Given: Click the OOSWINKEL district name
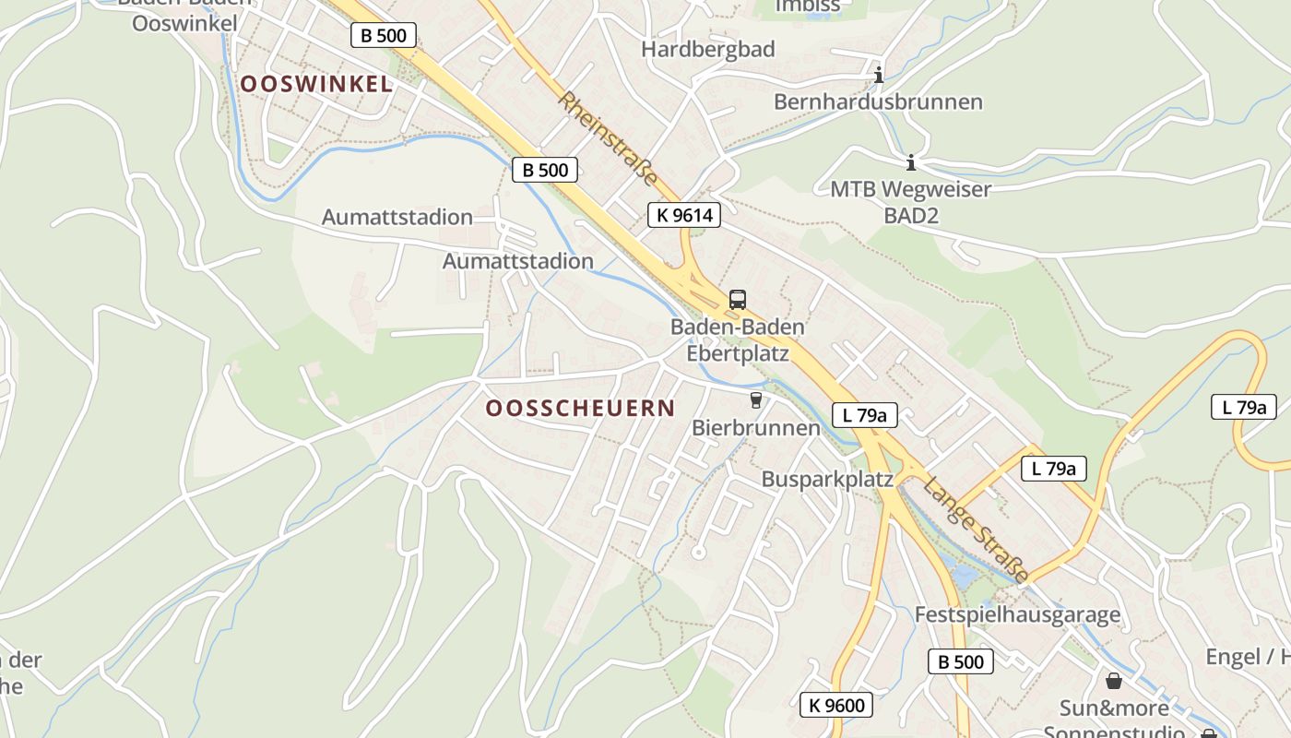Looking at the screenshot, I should click(x=316, y=84).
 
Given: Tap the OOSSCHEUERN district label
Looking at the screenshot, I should click(x=580, y=408).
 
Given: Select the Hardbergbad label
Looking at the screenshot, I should click(x=708, y=49).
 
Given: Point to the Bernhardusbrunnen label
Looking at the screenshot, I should click(x=878, y=101).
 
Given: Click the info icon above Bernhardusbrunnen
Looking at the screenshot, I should click(x=879, y=74).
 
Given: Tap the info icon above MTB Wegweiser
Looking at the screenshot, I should click(x=911, y=163).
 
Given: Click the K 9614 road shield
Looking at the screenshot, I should click(x=683, y=215).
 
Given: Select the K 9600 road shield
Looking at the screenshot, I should click(x=836, y=706).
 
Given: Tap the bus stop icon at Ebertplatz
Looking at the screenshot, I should click(x=737, y=299).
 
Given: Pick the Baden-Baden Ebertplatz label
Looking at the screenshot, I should click(x=737, y=339).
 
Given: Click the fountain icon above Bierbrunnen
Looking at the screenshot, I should click(x=756, y=399).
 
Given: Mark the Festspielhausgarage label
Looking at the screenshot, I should click(x=1017, y=614).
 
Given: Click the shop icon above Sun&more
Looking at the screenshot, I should click(x=1114, y=681).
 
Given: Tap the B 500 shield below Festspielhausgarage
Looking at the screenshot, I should click(x=960, y=661).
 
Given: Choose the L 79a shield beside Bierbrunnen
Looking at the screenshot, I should click(x=864, y=415).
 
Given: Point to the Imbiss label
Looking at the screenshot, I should click(x=808, y=6).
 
